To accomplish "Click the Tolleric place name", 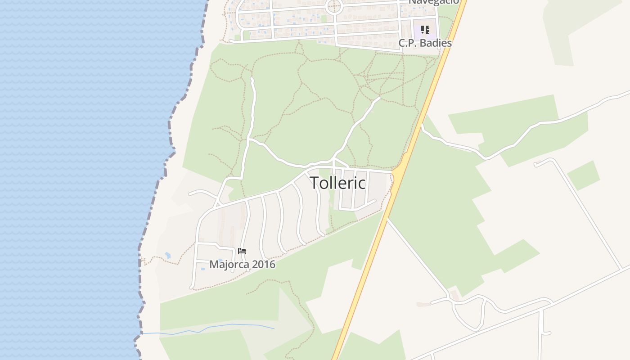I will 337,183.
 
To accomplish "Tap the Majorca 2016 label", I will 242,264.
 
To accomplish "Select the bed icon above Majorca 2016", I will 242,251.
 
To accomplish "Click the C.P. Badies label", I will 425,43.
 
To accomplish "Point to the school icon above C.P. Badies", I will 425,30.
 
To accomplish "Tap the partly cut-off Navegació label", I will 433,2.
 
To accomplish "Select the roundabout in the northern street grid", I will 334,7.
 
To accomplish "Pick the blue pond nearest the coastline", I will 167,256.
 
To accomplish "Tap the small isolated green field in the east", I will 583,175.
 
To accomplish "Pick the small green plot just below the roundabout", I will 324,19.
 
